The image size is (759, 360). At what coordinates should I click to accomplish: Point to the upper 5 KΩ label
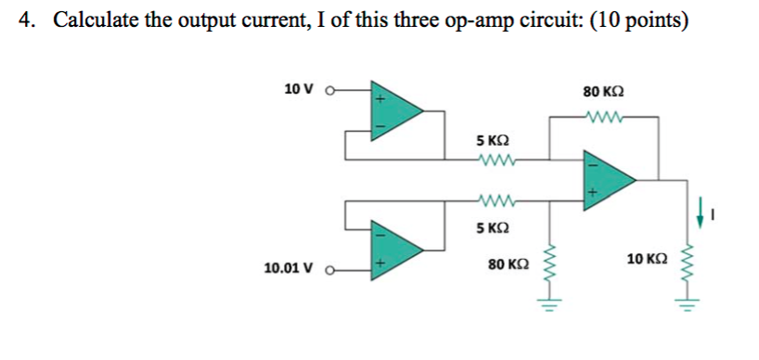coord(492,141)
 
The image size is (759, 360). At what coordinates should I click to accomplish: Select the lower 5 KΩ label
coord(492,227)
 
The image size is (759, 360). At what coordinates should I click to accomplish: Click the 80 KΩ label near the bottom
coord(508,265)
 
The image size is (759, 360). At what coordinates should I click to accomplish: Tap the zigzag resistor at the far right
coord(688,264)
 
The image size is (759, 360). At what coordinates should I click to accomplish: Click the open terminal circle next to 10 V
coord(328,90)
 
